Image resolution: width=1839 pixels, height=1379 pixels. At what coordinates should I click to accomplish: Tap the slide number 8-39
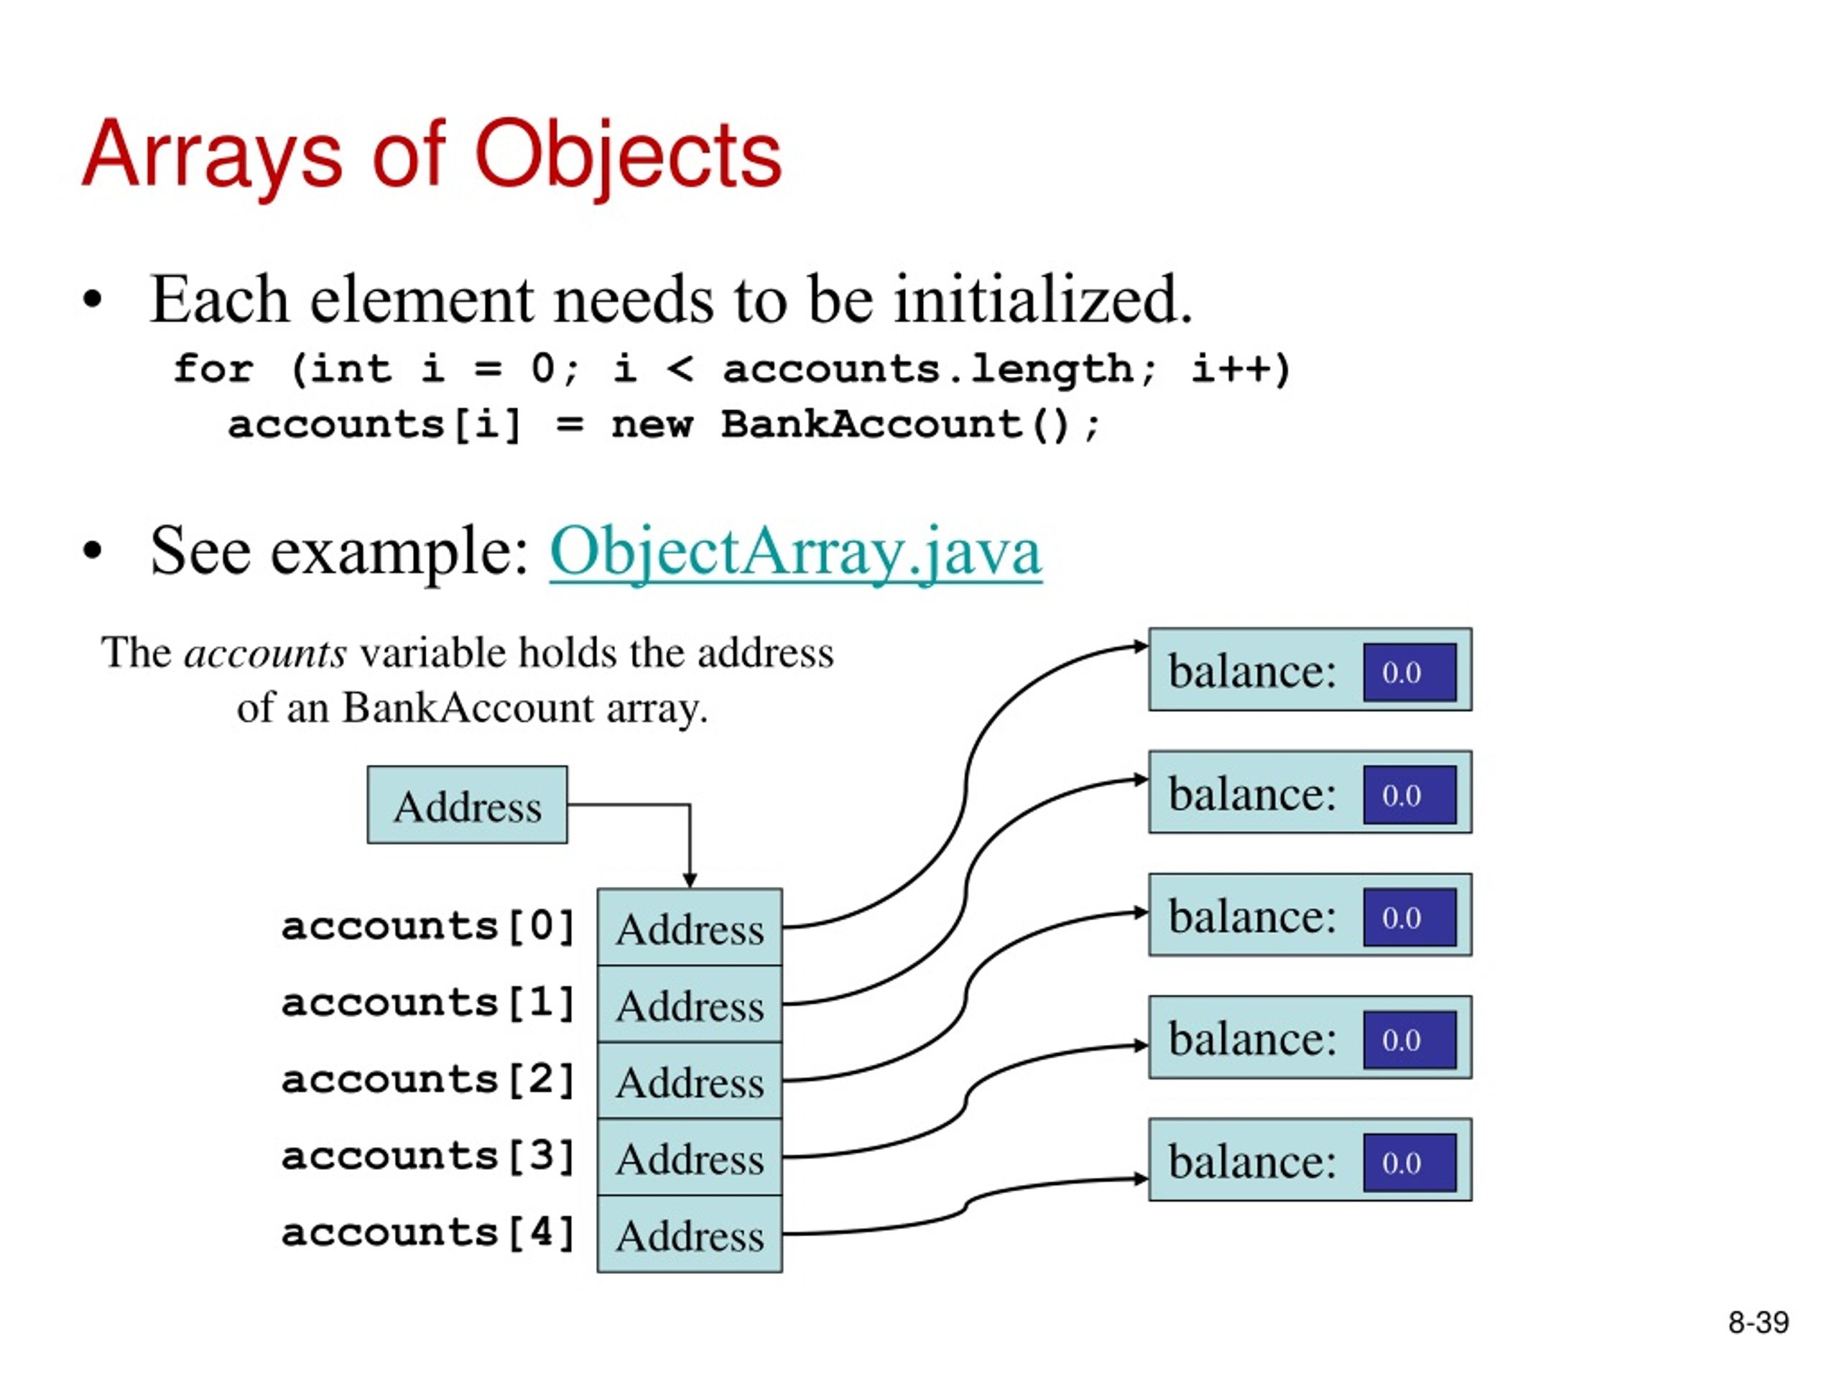pos(1759,1322)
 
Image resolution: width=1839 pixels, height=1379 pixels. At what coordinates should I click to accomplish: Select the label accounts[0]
pos(428,926)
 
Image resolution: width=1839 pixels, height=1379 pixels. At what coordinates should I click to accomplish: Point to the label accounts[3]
pos(428,1156)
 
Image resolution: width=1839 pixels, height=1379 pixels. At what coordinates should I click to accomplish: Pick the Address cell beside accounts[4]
pos(689,1235)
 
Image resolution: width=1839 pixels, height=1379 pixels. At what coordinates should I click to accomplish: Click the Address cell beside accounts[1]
pos(689,1004)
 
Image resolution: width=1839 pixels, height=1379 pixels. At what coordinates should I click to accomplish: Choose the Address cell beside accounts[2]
pos(689,1081)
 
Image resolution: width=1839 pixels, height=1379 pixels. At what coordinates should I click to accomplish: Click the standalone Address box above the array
pos(467,804)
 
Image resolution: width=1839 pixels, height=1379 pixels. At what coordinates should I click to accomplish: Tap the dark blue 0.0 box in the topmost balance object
pos(1410,672)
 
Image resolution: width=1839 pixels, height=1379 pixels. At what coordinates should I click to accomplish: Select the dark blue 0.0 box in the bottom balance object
pos(1410,1162)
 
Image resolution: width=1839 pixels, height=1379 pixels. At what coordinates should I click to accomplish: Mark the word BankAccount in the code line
pos(871,424)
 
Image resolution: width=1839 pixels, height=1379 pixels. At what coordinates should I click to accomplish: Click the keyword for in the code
pos(213,368)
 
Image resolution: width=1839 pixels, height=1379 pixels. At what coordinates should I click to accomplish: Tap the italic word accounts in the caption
pos(265,654)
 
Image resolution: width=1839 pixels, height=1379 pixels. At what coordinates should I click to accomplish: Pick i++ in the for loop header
pos(1241,368)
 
